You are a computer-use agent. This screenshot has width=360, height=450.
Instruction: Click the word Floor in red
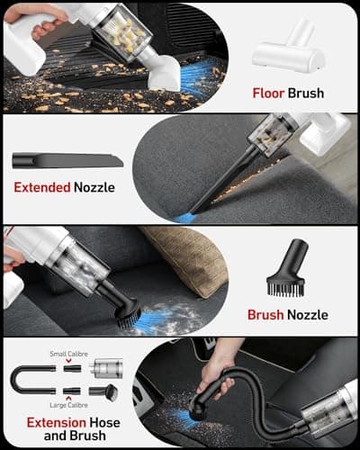pos(268,94)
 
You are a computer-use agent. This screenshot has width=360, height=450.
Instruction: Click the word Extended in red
pos(42,187)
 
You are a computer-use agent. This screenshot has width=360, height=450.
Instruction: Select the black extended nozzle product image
pos(67,161)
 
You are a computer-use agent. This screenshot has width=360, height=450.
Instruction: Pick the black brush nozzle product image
pos(286,268)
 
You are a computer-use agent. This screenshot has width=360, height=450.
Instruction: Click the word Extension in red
pos(57,423)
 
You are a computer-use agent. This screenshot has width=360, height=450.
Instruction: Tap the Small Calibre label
pos(68,354)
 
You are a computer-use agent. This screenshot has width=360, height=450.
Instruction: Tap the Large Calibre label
pos(68,405)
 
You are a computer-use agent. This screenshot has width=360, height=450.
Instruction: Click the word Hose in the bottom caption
pos(105,423)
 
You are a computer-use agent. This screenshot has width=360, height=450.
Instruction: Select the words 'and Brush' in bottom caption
pos(75,436)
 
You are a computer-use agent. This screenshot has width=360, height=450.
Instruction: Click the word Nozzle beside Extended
pos(94,187)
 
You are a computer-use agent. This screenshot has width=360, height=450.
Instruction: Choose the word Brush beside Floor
pos(306,94)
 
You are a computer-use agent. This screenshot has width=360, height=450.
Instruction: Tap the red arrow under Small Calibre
pos(68,360)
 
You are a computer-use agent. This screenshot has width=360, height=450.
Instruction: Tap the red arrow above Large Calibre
pos(68,399)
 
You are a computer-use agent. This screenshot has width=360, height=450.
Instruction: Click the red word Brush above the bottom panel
pos(265,315)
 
